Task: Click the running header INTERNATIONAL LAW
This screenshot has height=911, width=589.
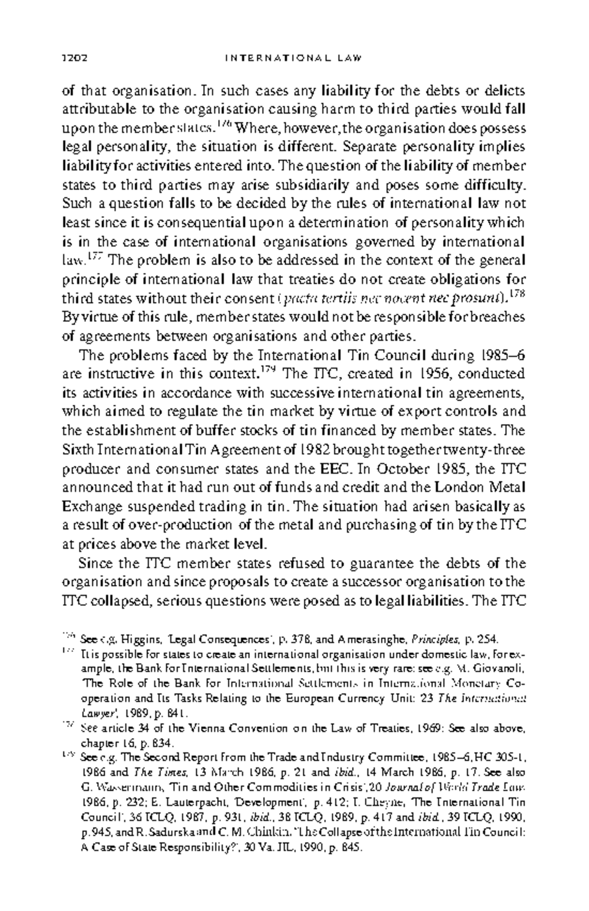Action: [293, 58]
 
